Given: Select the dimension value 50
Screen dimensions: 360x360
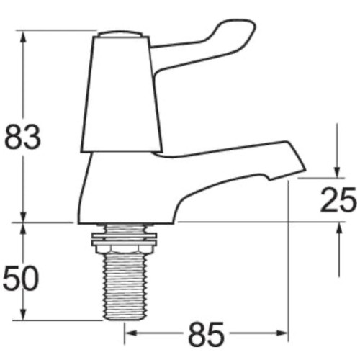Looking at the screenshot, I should click(22, 278).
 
